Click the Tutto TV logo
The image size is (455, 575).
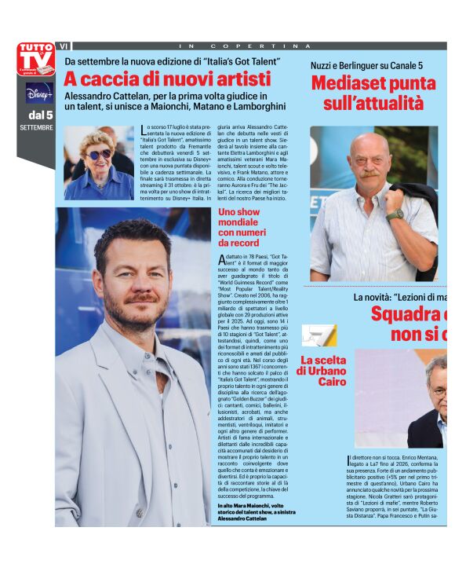[x=36, y=59]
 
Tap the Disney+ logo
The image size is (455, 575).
[x=38, y=93]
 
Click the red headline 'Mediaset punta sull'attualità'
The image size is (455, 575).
[x=373, y=92]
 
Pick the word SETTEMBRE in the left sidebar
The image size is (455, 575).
[x=37, y=127]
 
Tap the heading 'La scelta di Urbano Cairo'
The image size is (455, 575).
[x=322, y=371]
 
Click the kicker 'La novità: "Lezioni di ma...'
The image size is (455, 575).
[x=400, y=297]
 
